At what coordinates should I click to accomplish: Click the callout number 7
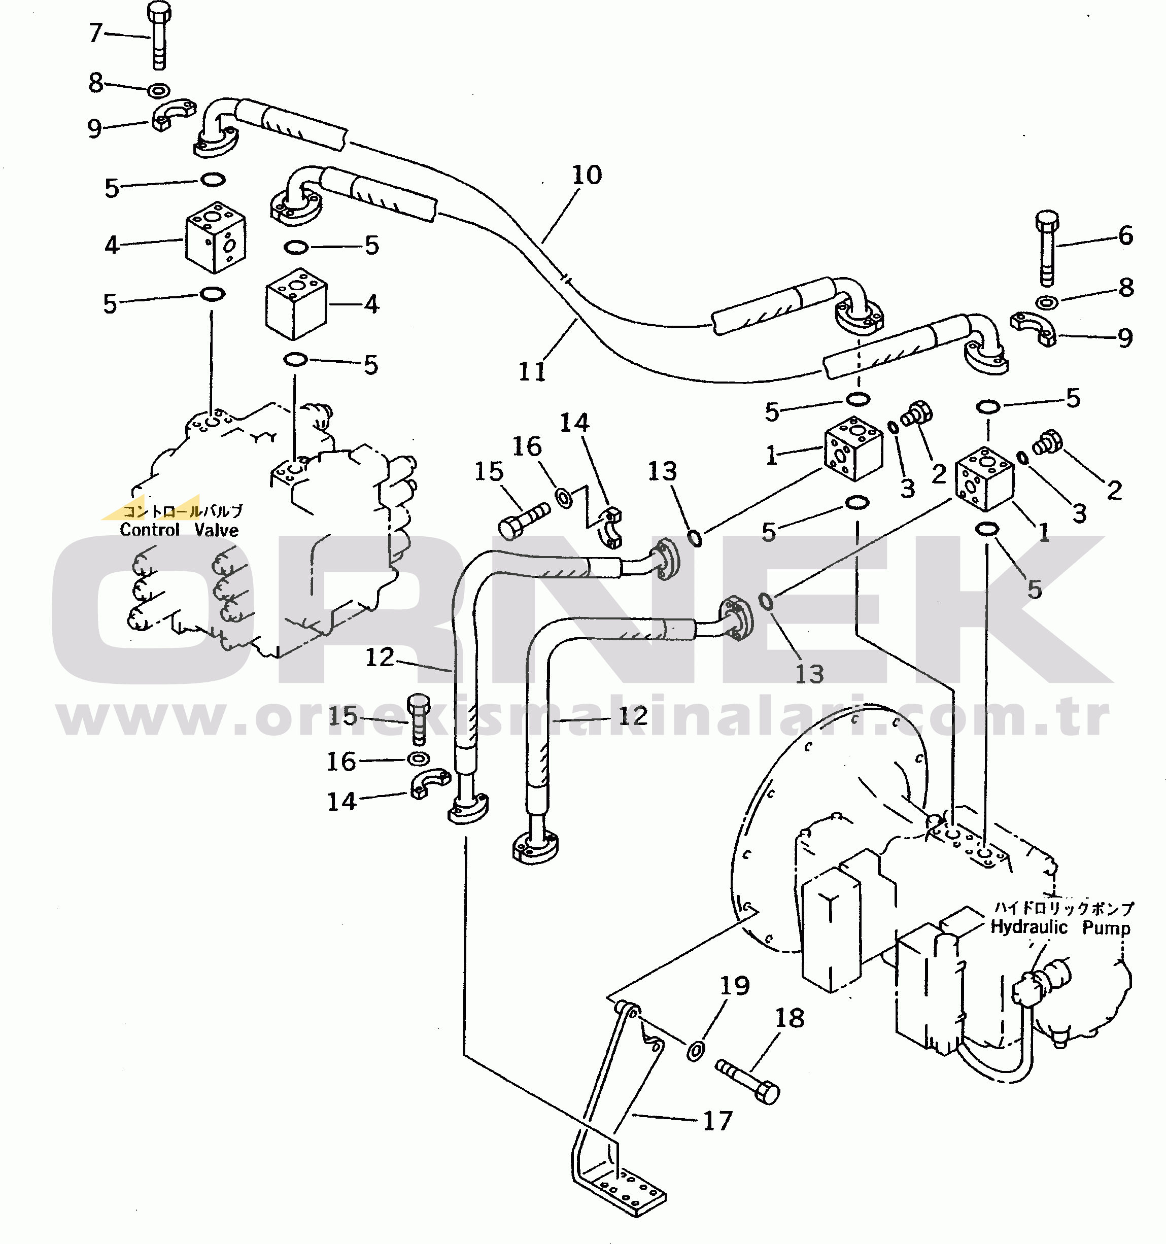[x=96, y=32]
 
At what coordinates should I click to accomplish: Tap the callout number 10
[x=587, y=175]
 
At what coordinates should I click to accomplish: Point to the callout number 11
[x=532, y=372]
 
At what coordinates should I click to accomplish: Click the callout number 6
[x=1126, y=236]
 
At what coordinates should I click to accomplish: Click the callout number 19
[x=735, y=986]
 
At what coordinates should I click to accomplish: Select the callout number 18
[x=790, y=1018]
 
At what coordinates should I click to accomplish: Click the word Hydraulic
[x=1029, y=927]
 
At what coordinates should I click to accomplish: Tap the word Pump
[x=1107, y=927]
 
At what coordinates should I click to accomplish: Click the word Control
[x=150, y=530]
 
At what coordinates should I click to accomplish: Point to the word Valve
[x=217, y=530]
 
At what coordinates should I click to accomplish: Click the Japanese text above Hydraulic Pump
[x=1064, y=907]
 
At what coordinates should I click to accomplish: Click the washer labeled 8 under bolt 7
[x=158, y=91]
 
